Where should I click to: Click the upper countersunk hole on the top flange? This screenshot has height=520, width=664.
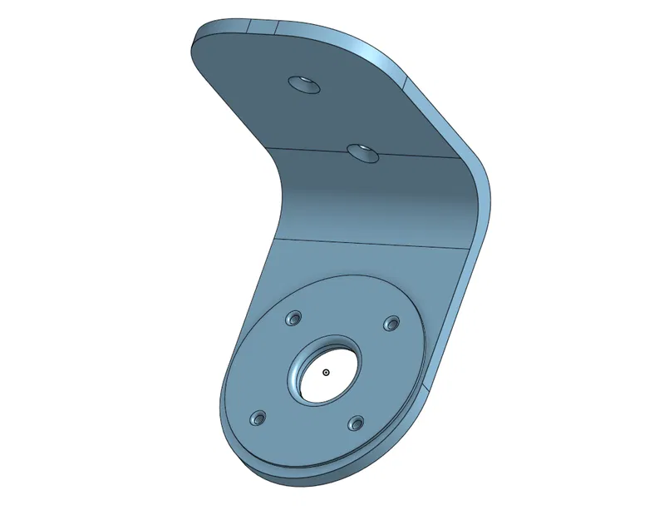point(304,84)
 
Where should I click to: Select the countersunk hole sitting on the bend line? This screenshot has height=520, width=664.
point(362,152)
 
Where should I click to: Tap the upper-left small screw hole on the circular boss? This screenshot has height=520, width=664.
point(293,319)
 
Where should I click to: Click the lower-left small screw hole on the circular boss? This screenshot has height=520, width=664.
point(259,417)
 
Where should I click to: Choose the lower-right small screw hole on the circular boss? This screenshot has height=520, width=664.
point(357,423)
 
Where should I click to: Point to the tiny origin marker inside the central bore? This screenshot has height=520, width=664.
point(327,373)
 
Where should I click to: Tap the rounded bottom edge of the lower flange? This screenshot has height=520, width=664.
point(316,481)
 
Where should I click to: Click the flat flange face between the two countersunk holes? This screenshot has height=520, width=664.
point(332,116)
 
